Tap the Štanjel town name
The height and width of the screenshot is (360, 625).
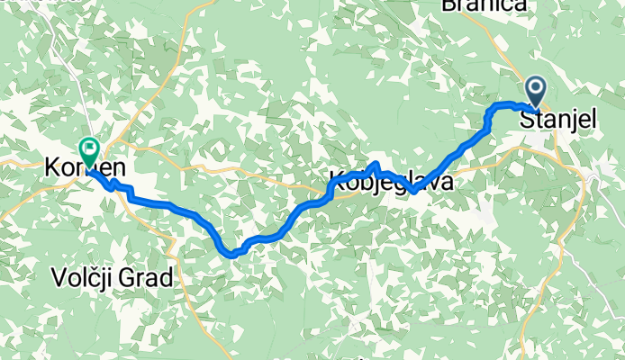pyautogui.click(x=558, y=119)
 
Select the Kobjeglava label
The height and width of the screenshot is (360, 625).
pyautogui.click(x=389, y=179)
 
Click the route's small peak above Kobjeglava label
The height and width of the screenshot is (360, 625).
pyautogui.click(x=375, y=164)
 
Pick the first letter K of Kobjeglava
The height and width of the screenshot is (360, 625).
pyautogui.click(x=338, y=179)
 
